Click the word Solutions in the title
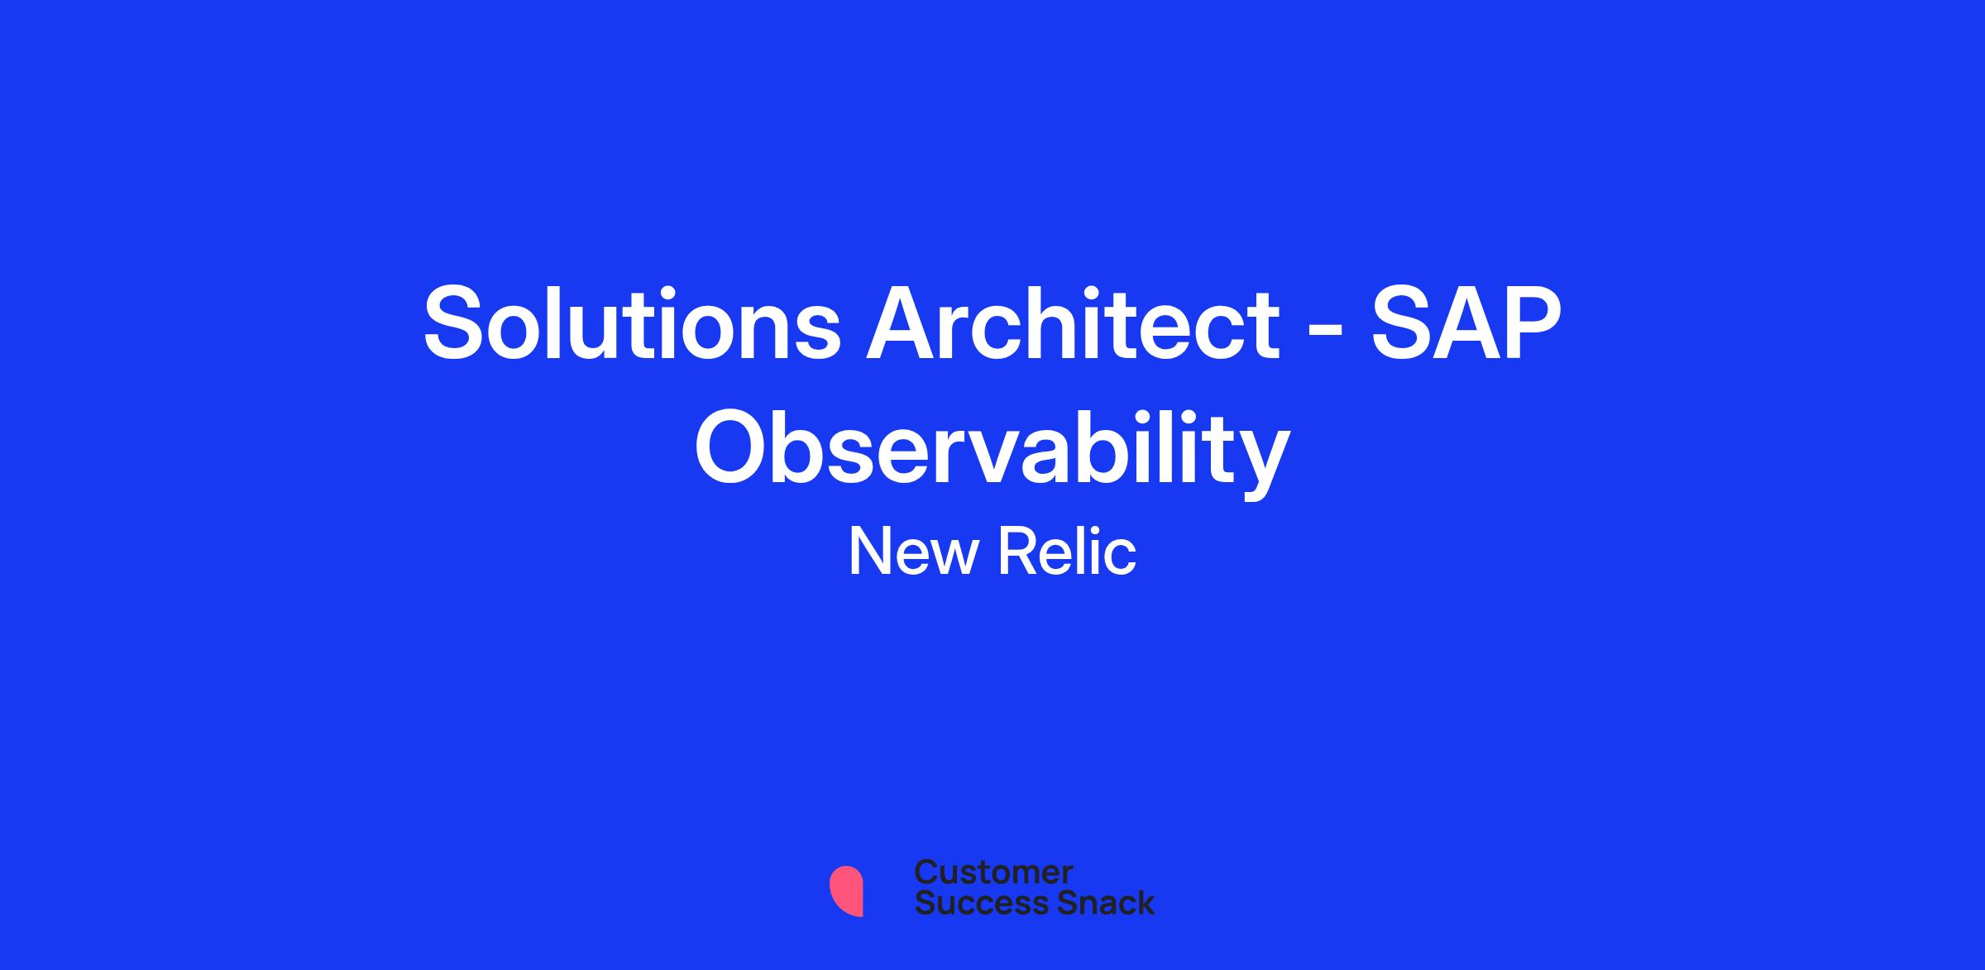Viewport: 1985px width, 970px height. (x=632, y=323)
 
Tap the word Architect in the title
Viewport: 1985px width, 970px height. (x=1072, y=323)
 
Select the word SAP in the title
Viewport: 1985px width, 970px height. (x=1466, y=323)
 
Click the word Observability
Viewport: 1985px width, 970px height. (x=992, y=451)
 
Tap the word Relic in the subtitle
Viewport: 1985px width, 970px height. (x=1067, y=552)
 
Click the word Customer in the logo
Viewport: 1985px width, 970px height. (x=993, y=872)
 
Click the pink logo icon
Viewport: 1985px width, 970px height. (x=846, y=891)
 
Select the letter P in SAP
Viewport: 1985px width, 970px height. (x=1532, y=323)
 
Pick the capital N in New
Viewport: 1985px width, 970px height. (x=868, y=552)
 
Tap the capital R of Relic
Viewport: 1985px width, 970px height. (x=1018, y=552)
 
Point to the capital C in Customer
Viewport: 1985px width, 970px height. (x=927, y=872)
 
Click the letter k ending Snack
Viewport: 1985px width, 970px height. (x=1146, y=903)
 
